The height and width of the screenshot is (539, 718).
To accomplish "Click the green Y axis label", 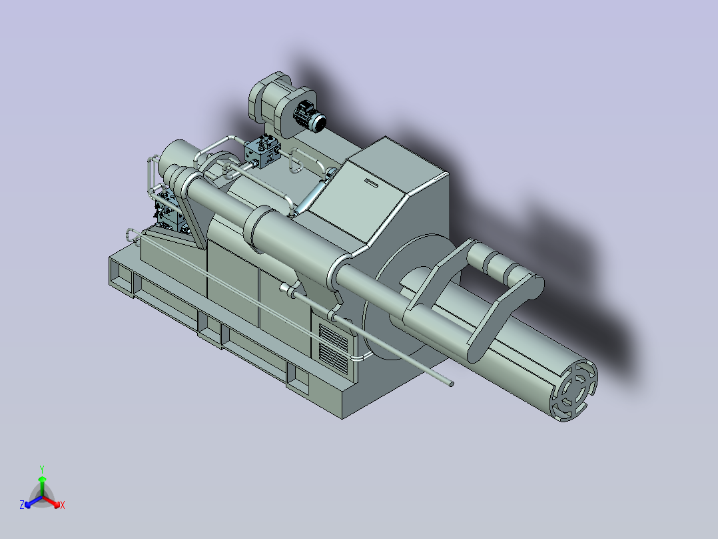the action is (42, 469).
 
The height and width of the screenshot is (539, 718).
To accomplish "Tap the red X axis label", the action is (63, 505).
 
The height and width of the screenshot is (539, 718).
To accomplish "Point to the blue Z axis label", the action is (21, 504).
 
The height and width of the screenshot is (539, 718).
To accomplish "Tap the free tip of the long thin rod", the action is (452, 384).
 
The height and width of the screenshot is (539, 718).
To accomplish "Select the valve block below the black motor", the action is (262, 151).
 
